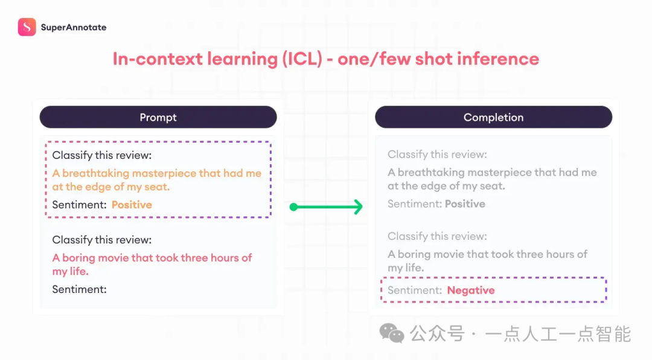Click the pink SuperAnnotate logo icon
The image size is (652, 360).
point(27,27)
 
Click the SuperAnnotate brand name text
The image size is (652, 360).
point(74,27)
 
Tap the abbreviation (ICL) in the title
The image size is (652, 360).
point(302,59)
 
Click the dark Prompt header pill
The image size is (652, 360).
point(158,117)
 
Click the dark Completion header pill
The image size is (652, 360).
point(494,117)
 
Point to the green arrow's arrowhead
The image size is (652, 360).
point(357,207)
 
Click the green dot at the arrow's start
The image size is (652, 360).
point(293,207)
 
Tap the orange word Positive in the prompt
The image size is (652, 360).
point(132,205)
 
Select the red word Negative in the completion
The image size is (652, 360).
point(471,290)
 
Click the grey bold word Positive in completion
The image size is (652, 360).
point(465,204)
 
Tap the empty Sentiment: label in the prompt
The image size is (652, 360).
point(80,289)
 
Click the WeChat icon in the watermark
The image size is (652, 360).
point(391,333)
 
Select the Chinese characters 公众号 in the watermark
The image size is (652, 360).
point(437,333)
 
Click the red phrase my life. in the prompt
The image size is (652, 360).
point(70,271)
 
